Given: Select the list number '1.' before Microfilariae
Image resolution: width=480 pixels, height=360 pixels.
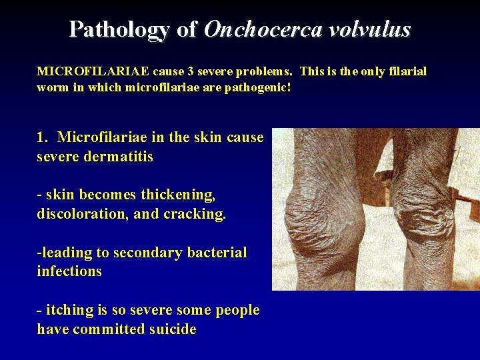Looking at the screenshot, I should tap(43, 137).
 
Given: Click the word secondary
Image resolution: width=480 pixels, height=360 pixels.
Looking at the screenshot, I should tap(146, 253).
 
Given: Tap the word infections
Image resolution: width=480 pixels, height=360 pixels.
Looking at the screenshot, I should tap(69, 271).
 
